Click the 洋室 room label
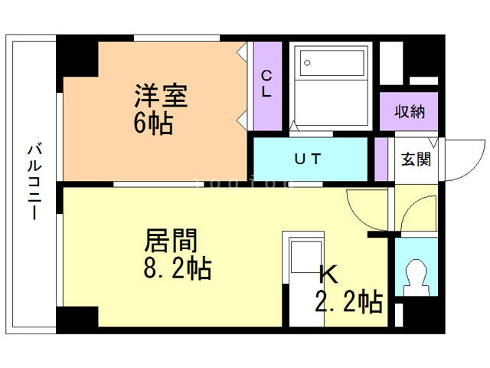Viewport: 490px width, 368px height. click(161, 97)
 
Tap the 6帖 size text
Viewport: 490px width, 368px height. click(153, 123)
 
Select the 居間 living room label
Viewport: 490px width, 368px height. click(171, 242)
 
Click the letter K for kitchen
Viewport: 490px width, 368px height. click(328, 274)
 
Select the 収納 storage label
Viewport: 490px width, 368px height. click(410, 111)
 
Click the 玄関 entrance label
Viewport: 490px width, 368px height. click(416, 159)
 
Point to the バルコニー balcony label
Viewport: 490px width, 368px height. click(34, 182)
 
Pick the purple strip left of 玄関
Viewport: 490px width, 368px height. click(381, 159)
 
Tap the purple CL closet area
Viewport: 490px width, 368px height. click(268, 107)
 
